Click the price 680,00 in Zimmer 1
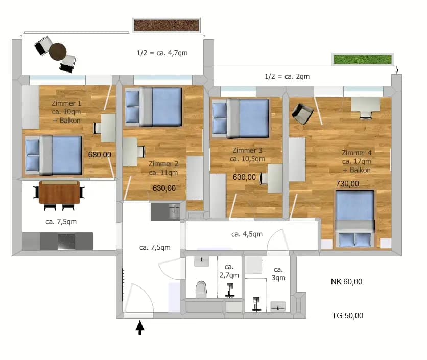tap(100, 155)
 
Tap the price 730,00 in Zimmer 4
tap(347, 184)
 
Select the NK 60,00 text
tap(346, 282)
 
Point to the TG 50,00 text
tap(347, 316)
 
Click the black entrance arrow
tap(140, 327)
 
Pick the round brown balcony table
tap(58, 52)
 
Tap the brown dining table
tap(59, 193)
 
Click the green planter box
tap(363, 59)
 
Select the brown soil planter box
tap(166, 26)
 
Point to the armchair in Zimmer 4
tap(302, 113)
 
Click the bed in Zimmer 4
tap(354, 219)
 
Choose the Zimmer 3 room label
tap(247, 154)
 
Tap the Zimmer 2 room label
tap(163, 168)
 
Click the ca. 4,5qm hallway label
tap(247, 234)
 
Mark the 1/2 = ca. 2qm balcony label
tap(287, 76)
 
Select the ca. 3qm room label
tap(278, 273)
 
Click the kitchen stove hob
tap(66, 241)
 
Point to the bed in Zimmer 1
tap(54, 155)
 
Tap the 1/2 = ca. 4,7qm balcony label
tap(162, 53)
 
